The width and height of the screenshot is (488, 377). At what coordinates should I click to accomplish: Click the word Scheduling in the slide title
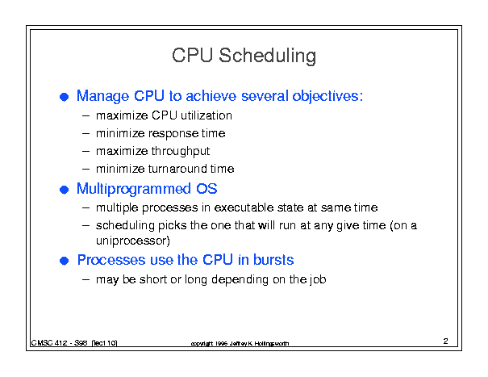[x=267, y=56]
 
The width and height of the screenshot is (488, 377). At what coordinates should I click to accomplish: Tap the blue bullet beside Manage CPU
[x=64, y=97]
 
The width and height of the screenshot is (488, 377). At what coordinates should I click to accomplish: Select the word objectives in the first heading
[x=327, y=96]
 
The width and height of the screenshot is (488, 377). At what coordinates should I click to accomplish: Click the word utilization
[x=206, y=115]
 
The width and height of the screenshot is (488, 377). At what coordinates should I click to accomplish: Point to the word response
[x=173, y=134]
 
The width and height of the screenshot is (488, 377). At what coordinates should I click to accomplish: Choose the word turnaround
[x=177, y=169]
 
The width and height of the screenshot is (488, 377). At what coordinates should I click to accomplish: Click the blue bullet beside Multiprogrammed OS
[x=64, y=190]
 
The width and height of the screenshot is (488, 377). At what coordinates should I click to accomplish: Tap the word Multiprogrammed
[x=134, y=189]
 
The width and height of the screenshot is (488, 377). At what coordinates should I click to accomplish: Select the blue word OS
[x=206, y=189]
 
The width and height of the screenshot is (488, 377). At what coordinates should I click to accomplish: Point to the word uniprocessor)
[x=133, y=241]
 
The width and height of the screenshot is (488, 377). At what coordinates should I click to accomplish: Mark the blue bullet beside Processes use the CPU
[x=64, y=261]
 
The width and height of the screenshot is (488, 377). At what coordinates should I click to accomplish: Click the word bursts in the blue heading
[x=273, y=260]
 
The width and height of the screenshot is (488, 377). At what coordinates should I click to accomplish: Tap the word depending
[x=240, y=280]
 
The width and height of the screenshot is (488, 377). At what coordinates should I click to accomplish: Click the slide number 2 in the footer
[x=446, y=341]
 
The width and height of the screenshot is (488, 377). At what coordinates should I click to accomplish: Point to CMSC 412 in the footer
[x=49, y=343]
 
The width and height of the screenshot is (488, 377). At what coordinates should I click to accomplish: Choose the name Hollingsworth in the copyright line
[x=272, y=344]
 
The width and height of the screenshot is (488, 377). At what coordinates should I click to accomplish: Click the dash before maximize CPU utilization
[x=86, y=116]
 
